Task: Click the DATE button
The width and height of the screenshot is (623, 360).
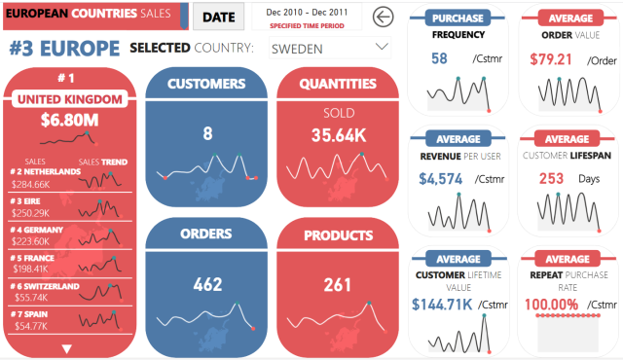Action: (218, 17)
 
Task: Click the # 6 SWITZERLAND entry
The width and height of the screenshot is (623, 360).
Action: (43, 287)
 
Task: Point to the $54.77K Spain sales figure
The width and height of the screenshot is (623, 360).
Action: (29, 328)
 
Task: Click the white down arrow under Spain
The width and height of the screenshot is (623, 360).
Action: (66, 347)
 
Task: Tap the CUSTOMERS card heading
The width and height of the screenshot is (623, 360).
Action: (206, 84)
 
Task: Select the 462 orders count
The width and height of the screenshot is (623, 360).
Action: (206, 285)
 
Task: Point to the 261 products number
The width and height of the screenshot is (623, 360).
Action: (338, 285)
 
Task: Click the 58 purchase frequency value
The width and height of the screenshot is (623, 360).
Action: (439, 58)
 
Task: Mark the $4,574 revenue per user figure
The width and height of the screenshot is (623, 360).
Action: (439, 179)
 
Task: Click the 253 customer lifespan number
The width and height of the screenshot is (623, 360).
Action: (551, 179)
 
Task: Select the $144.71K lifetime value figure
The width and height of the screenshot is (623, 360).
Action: (442, 304)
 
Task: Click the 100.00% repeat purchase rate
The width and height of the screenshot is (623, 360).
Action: (551, 304)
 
